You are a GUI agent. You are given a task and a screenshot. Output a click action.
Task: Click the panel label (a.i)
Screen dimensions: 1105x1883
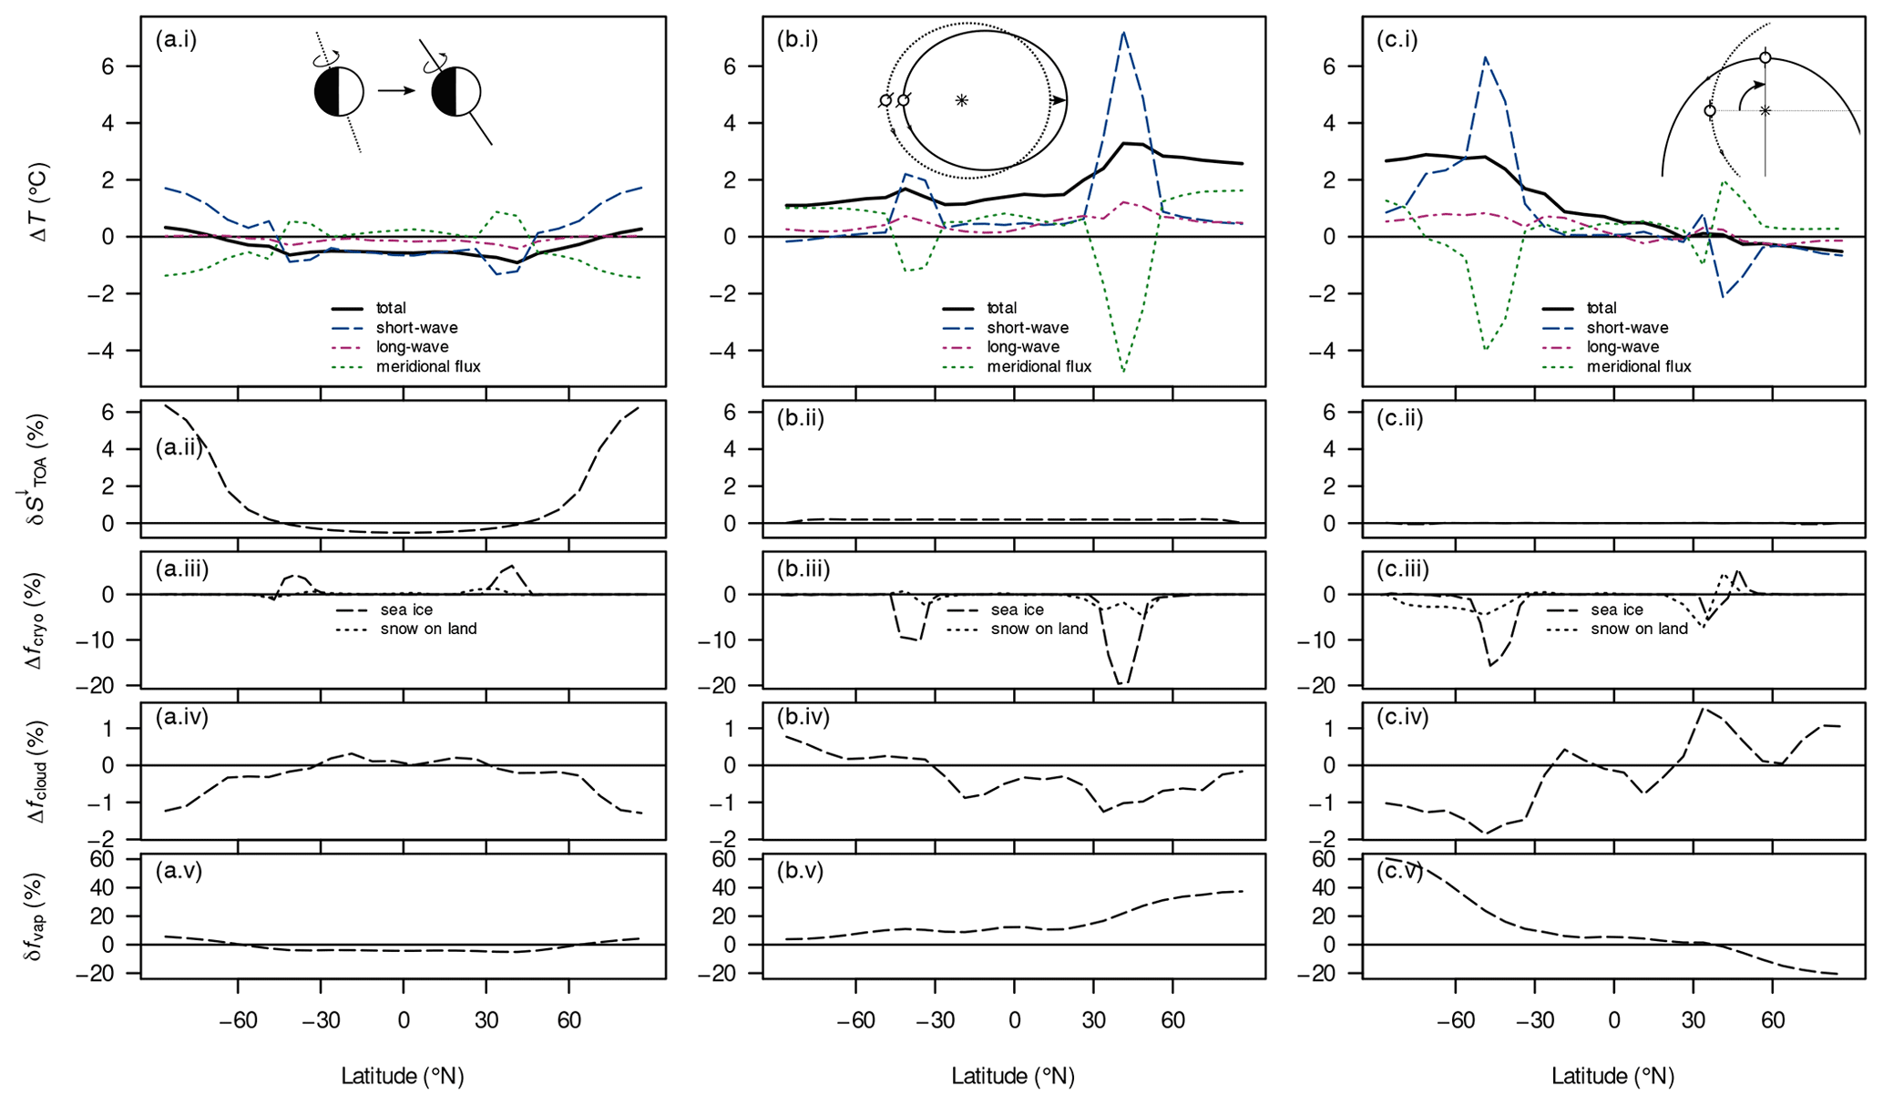[176, 39]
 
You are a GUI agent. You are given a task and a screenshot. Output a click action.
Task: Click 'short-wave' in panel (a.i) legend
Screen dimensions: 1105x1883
[416, 328]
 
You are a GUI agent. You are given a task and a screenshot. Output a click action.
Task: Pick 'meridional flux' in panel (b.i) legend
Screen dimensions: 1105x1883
[1039, 367]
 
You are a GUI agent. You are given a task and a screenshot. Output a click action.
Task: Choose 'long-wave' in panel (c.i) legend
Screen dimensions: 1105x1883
[1622, 347]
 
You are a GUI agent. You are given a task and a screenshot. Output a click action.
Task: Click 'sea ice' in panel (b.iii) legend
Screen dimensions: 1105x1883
[1018, 610]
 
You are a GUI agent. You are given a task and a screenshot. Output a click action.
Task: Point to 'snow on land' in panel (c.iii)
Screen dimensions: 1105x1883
[1639, 629]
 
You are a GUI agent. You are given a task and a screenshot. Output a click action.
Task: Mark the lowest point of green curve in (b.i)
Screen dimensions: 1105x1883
[1124, 372]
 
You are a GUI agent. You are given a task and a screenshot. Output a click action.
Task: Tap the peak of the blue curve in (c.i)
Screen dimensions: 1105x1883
[1486, 57]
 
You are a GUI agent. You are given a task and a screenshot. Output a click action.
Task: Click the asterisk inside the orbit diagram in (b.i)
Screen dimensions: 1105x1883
[961, 100]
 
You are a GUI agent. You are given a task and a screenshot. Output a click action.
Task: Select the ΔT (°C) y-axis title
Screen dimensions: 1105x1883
[38, 201]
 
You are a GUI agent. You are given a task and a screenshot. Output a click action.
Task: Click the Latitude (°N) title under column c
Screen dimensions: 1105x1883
[1612, 1077]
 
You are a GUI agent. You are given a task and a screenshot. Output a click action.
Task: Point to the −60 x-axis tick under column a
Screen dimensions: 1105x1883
[238, 1020]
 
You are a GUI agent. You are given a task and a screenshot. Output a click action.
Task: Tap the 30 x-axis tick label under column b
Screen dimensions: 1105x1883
[1093, 1020]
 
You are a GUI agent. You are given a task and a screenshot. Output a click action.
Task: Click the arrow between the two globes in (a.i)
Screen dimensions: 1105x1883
[397, 91]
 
